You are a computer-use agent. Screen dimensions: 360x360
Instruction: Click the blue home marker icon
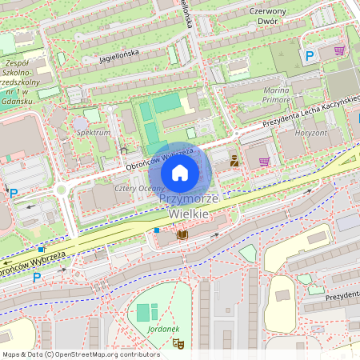[x=180, y=172]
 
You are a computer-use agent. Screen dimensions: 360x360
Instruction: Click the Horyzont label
[x=312, y=132]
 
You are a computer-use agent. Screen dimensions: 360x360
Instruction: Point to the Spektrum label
[x=93, y=131]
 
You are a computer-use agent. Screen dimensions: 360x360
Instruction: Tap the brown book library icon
[x=182, y=234]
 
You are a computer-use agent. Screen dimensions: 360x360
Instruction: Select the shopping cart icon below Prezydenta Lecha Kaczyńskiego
[x=264, y=161]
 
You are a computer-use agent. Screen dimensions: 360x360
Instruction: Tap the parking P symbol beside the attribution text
[x=37, y=278]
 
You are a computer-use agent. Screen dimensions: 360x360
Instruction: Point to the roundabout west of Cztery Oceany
[x=61, y=190]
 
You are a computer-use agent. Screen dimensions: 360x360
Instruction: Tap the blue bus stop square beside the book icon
[x=158, y=230]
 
